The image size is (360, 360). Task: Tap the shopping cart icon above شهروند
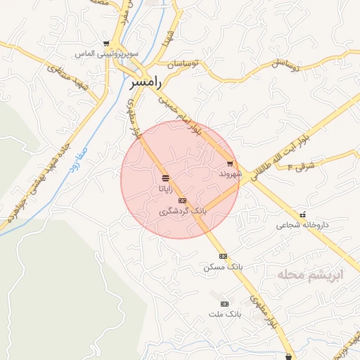(x=230, y=164)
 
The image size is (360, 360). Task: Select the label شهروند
(x=230, y=173)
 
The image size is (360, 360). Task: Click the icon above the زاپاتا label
(x=165, y=177)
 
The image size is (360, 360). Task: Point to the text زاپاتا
(x=165, y=188)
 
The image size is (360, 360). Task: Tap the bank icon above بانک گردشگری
(x=183, y=200)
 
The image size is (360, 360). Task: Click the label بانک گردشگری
(x=183, y=210)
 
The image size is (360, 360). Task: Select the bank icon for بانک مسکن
(x=223, y=256)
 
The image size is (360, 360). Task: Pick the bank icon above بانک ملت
(x=224, y=303)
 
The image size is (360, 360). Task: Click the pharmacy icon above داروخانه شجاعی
(x=302, y=215)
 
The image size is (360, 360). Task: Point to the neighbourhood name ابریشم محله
(x=309, y=274)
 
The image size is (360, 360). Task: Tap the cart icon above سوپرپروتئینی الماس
(x=106, y=44)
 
